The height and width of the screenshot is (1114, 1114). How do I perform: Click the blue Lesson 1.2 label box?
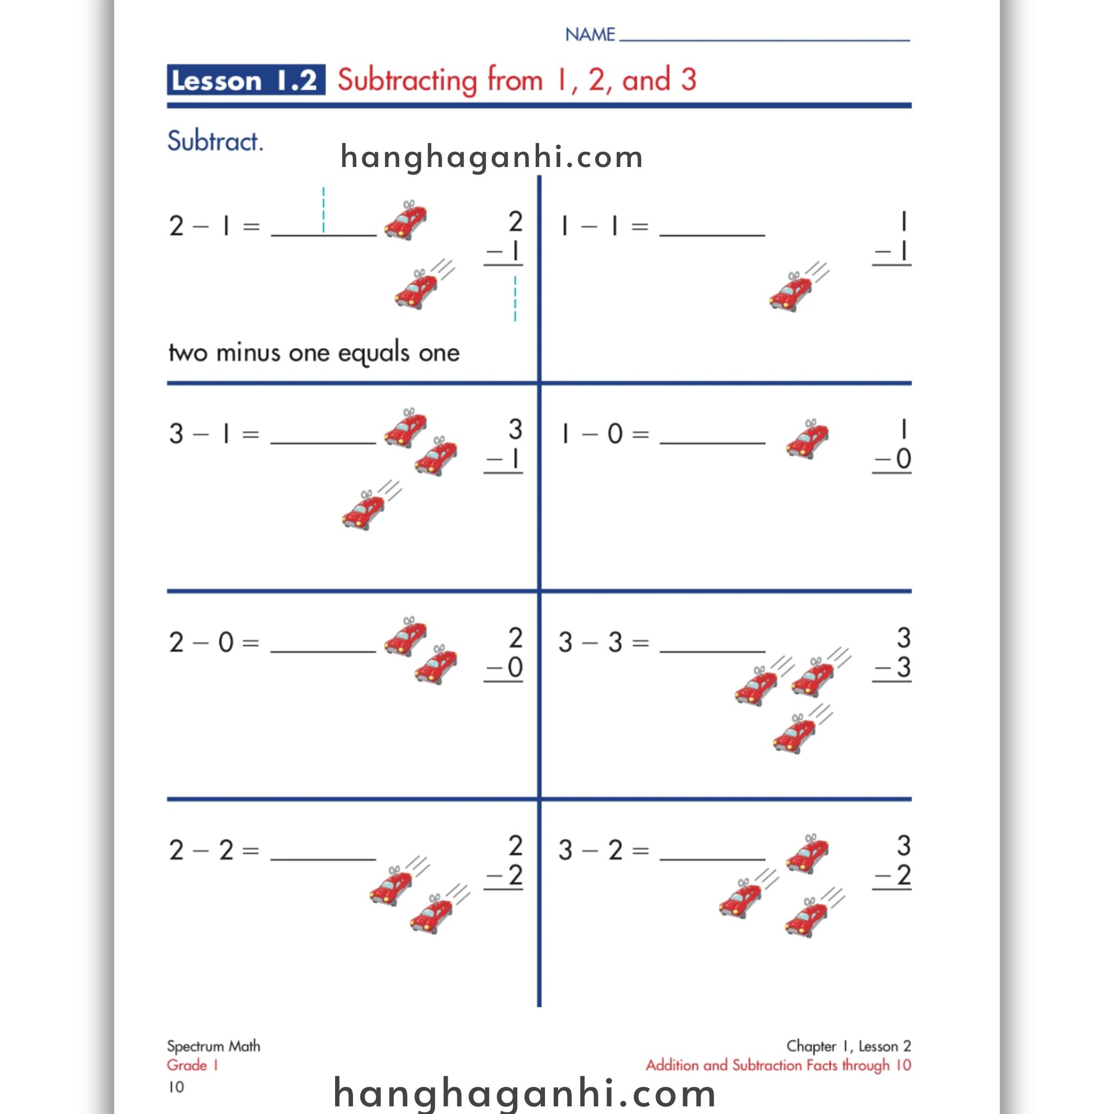(x=246, y=80)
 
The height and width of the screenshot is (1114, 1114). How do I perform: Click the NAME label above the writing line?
(x=590, y=35)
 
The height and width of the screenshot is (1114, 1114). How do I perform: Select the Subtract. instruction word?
(x=215, y=141)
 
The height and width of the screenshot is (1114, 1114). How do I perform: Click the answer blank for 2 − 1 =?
(x=323, y=228)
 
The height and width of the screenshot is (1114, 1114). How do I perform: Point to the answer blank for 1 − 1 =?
(x=712, y=228)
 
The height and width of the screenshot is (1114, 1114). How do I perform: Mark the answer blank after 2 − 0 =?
(x=323, y=644)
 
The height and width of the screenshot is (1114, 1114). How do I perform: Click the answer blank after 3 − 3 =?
(x=712, y=644)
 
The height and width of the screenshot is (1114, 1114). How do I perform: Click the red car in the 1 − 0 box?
(x=807, y=440)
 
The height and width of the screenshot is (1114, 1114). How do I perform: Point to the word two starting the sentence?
(x=188, y=352)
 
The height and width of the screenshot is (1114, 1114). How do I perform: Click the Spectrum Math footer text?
(x=213, y=1047)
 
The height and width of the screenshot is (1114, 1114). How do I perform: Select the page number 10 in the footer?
(x=176, y=1087)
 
